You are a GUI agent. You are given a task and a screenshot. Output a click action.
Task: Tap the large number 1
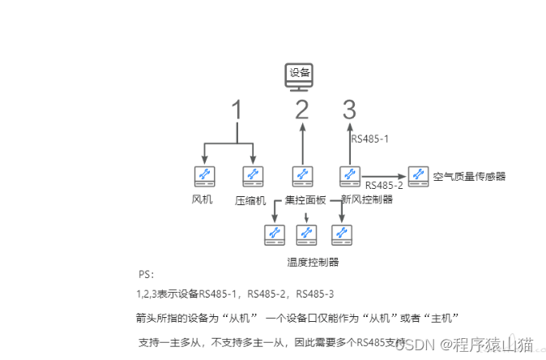point(237,111)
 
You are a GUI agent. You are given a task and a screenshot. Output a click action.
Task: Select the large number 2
point(302,109)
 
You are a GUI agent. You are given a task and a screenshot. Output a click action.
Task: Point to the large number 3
point(349,109)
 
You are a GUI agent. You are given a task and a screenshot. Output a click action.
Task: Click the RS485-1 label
point(370,139)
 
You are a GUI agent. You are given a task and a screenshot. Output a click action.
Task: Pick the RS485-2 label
point(384,185)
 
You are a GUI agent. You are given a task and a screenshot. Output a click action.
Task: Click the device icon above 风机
point(203,174)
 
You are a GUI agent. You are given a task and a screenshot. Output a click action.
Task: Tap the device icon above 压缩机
point(253,174)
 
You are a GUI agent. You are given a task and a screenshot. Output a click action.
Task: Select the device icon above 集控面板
point(302,174)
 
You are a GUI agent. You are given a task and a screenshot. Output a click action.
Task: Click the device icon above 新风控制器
point(349,174)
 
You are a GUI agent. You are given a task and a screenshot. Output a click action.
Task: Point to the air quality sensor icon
point(417,174)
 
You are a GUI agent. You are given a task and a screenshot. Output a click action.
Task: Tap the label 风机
point(203,199)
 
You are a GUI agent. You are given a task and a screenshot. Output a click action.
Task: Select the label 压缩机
point(250,199)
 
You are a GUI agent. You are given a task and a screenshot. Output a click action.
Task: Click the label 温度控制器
point(313,261)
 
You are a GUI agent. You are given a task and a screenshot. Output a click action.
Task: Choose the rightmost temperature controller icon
point(340,235)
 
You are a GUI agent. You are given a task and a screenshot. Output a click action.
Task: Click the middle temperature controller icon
point(306,235)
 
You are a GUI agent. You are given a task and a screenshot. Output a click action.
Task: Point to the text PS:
point(146,275)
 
